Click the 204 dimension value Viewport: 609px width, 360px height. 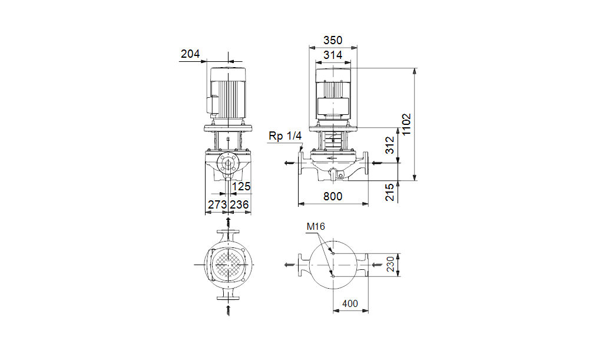[190, 54]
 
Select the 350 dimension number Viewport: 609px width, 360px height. [333, 41]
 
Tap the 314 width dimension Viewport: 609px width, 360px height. [333, 55]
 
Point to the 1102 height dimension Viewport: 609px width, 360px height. [406, 124]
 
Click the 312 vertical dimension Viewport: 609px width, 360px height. [389, 145]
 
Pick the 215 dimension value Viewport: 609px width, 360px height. [389, 192]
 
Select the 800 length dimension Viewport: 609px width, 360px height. [333, 197]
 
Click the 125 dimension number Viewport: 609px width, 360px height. [241, 186]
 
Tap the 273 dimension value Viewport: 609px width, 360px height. [217, 204]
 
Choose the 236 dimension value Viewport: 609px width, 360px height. [239, 204]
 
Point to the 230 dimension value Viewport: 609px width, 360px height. [390, 264]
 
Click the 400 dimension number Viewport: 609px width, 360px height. [350, 303]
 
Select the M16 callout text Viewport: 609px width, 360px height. [315, 226]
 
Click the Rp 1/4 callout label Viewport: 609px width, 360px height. [285, 136]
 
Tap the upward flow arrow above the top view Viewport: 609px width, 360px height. [228, 223]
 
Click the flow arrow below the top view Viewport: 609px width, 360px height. [228, 311]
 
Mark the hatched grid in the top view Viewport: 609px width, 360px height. [228, 265]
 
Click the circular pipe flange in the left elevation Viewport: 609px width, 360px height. [227, 163]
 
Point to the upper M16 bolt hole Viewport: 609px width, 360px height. [333, 253]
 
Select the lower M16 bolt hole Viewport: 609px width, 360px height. [333, 276]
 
